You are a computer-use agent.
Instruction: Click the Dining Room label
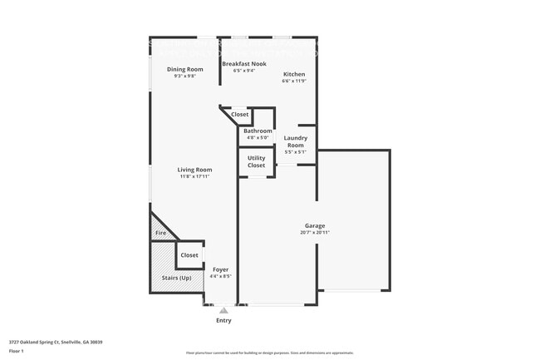(x=184, y=69)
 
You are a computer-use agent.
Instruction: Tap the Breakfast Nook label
(x=244, y=64)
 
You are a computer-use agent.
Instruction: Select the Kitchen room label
(x=294, y=74)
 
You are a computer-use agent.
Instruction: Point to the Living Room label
(x=195, y=170)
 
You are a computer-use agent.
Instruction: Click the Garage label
(x=314, y=225)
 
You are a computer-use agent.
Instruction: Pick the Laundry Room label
(x=296, y=141)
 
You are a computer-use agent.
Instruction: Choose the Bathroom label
(x=258, y=131)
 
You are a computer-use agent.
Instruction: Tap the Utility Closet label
(x=257, y=161)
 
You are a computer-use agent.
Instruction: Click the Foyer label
(x=220, y=269)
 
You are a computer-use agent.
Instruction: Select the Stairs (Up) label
(x=176, y=277)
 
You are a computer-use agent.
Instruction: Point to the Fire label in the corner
(x=160, y=233)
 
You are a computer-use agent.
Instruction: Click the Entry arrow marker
(x=223, y=310)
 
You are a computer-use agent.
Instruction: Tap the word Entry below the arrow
(x=223, y=320)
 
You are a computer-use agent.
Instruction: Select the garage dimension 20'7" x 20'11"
(x=314, y=232)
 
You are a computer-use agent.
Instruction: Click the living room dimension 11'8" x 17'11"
(x=195, y=176)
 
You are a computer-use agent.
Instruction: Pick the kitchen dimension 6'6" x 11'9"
(x=294, y=81)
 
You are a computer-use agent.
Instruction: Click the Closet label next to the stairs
(x=189, y=255)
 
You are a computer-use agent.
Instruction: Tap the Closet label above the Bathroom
(x=239, y=114)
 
